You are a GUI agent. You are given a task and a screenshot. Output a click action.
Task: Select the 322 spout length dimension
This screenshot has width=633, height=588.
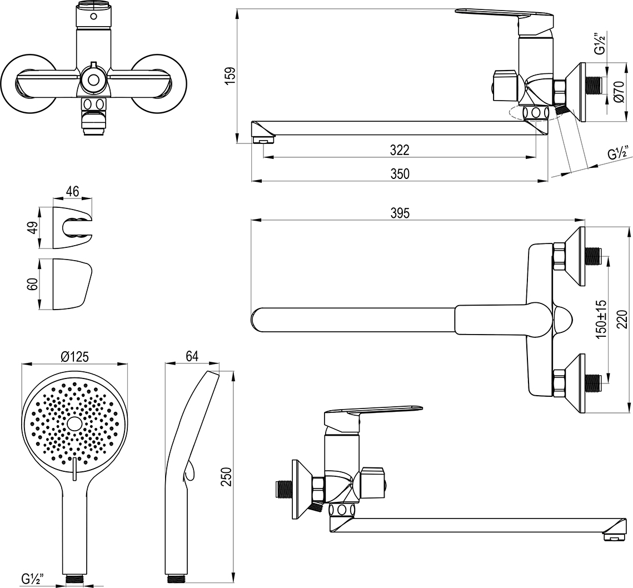(399, 150)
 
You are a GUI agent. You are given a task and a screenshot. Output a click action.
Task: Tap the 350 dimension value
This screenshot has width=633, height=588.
(399, 173)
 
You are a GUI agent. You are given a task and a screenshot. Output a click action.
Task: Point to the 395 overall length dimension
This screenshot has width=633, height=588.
(400, 213)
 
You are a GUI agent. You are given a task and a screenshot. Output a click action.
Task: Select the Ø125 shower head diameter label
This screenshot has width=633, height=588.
(74, 356)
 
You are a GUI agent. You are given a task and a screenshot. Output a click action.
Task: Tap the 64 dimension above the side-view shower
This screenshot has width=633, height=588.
(192, 356)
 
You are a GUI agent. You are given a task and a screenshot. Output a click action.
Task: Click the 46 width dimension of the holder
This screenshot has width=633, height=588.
(72, 192)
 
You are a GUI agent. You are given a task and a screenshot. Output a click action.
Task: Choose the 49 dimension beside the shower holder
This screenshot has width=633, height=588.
(33, 228)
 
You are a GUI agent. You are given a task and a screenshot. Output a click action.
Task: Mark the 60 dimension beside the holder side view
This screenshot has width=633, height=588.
(33, 284)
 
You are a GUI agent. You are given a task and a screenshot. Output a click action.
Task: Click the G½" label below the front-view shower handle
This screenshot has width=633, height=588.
(33, 579)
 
